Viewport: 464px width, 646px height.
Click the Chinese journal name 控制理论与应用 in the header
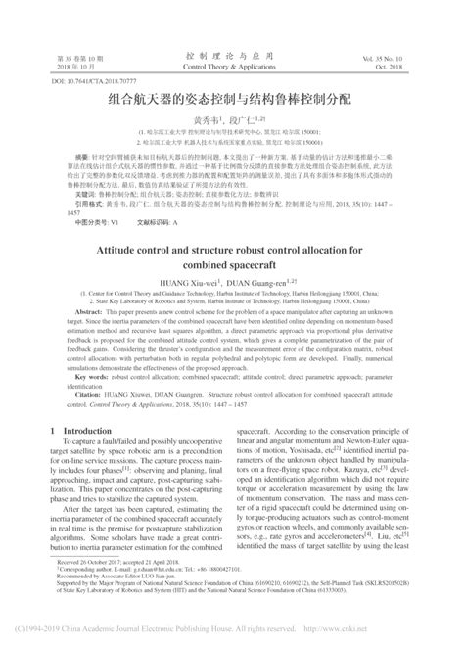(x=232, y=46)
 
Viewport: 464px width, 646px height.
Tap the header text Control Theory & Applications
(x=232, y=58)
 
